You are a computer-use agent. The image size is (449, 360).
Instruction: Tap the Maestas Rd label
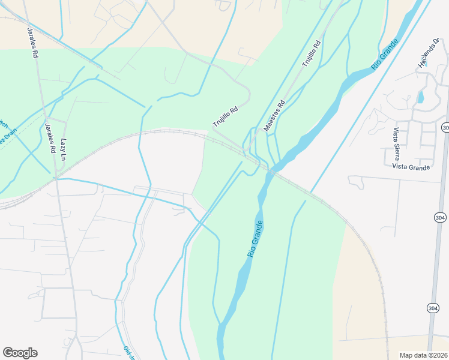click(x=273, y=116)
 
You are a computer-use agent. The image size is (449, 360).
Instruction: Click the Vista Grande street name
click(x=411, y=167)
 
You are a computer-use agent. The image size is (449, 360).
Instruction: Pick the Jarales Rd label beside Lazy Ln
click(x=50, y=137)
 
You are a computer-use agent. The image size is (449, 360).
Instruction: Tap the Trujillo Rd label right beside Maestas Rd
click(x=312, y=52)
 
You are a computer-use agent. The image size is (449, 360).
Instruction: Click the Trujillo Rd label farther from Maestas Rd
click(x=226, y=116)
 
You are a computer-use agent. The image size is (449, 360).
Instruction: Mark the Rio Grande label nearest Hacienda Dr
click(x=385, y=55)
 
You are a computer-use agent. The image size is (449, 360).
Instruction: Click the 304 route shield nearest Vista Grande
click(x=445, y=128)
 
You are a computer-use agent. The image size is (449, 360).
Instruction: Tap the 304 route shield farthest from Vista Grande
click(x=433, y=308)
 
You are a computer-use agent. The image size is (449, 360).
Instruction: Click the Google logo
click(x=20, y=353)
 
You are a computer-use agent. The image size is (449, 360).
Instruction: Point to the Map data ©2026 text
click(x=423, y=355)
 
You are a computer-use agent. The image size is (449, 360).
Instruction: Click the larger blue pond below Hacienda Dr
click(x=420, y=96)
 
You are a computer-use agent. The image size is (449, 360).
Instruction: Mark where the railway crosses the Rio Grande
click(x=272, y=172)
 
